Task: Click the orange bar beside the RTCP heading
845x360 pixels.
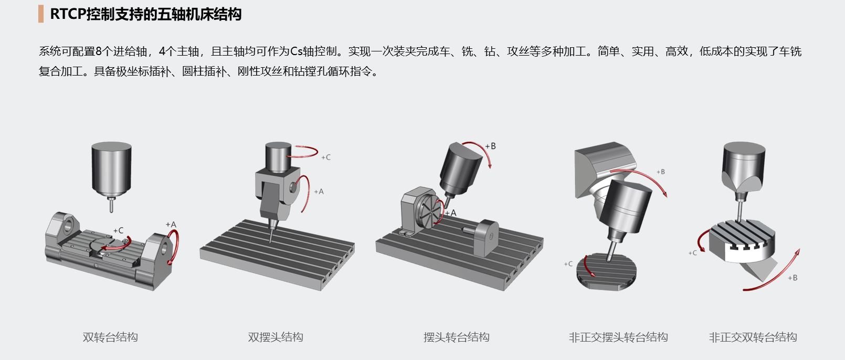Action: pyautogui.click(x=41, y=14)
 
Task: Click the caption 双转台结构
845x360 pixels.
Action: pyautogui.click(x=110, y=337)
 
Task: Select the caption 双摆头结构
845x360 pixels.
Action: pyautogui.click(x=276, y=337)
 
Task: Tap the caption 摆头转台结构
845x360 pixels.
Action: pyautogui.click(x=456, y=337)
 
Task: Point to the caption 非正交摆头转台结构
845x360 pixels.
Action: pyautogui.click(x=618, y=337)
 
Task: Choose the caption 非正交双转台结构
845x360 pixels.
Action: pyautogui.click(x=753, y=337)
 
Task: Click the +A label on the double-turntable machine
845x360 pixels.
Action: pyautogui.click(x=171, y=225)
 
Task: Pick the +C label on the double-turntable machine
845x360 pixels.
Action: pyautogui.click(x=119, y=230)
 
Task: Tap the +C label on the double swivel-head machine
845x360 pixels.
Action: pyautogui.click(x=326, y=157)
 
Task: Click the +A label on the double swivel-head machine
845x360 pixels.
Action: pyautogui.click(x=319, y=192)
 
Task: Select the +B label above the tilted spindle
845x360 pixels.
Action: pyautogui.click(x=490, y=146)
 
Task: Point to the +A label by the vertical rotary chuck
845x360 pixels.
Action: pyautogui.click(x=450, y=213)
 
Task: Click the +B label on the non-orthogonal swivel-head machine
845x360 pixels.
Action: pyautogui.click(x=661, y=172)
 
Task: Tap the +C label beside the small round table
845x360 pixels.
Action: pyautogui.click(x=568, y=264)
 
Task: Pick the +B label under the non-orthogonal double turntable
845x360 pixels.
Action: pyautogui.click(x=793, y=278)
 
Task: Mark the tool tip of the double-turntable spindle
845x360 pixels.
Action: pyautogui.click(x=111, y=211)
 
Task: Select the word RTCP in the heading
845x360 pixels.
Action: pyautogui.click(x=68, y=14)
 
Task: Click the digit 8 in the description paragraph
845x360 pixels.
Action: pyautogui.click(x=99, y=51)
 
